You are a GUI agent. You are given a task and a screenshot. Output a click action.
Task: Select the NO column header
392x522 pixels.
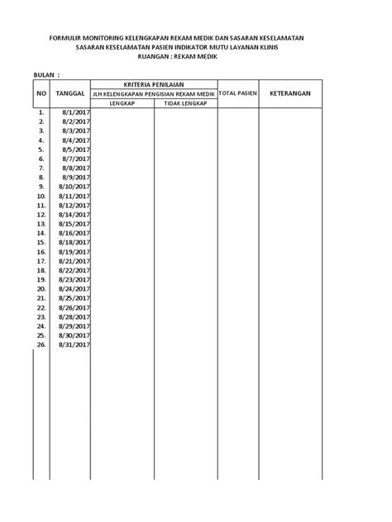[x=41, y=95]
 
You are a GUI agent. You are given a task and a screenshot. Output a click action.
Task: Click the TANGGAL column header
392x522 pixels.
[x=71, y=95]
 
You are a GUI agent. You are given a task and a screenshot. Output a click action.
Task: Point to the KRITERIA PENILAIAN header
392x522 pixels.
[x=154, y=85]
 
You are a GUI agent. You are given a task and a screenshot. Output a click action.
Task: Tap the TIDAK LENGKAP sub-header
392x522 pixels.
[x=185, y=104]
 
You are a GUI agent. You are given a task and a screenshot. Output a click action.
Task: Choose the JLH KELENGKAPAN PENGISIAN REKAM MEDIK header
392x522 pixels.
[x=154, y=95]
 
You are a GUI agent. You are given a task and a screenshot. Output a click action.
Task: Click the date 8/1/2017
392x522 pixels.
[x=77, y=113]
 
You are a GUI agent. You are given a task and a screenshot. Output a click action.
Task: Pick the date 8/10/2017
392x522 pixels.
[x=74, y=187]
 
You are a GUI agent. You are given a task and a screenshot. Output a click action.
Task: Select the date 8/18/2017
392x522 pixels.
[x=74, y=243]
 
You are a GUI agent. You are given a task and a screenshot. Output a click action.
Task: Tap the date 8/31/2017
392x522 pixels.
[x=74, y=344]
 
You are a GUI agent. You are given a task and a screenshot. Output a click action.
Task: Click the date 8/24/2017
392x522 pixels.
[x=74, y=289]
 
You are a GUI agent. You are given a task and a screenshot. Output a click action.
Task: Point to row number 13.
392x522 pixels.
[x=41, y=224]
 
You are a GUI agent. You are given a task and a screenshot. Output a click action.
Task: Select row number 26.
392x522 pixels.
[x=41, y=344]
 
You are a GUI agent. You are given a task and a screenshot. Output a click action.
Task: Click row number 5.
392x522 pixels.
[x=41, y=150]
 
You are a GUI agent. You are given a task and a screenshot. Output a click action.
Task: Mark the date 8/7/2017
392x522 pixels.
[x=77, y=159]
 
